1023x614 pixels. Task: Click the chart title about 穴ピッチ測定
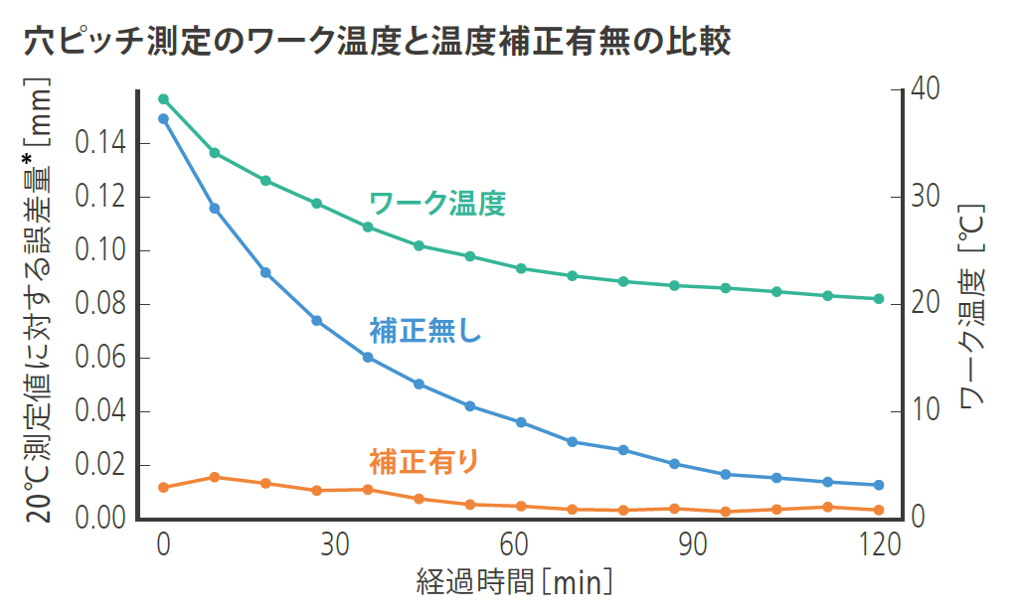tap(377, 41)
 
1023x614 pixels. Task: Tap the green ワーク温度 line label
tap(437, 204)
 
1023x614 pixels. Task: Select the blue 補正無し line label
tap(425, 330)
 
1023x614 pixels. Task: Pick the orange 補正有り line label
tap(425, 461)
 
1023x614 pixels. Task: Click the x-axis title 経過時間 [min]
tap(514, 582)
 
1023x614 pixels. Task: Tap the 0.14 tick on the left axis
tap(100, 145)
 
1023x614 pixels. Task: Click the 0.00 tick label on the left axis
tap(100, 518)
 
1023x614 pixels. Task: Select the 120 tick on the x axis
tap(879, 545)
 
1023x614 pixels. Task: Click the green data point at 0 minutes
tap(164, 99)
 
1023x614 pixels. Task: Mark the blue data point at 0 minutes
tap(164, 119)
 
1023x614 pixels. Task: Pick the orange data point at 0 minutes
tap(164, 487)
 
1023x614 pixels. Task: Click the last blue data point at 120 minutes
tap(879, 485)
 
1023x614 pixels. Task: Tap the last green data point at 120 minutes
tap(879, 299)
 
